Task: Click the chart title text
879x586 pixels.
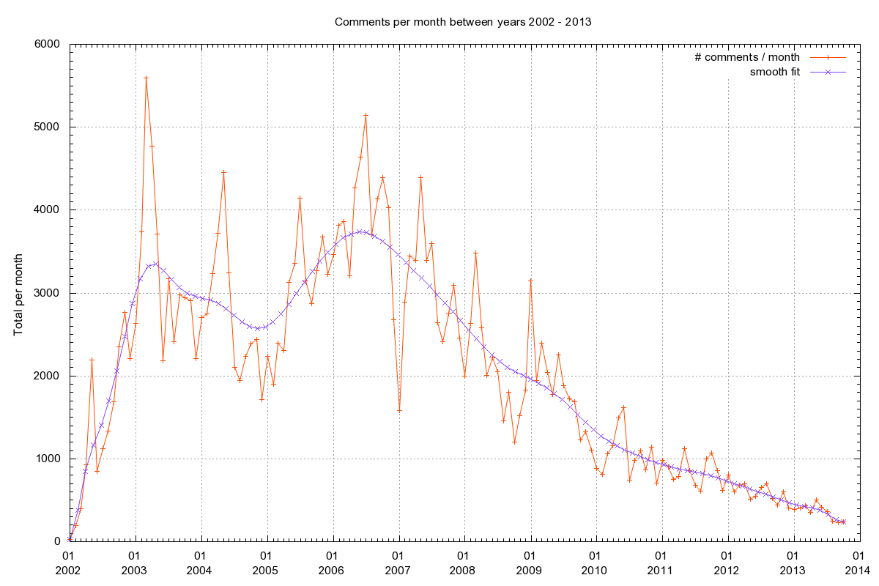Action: (x=462, y=21)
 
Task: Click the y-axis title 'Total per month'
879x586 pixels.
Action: (x=18, y=293)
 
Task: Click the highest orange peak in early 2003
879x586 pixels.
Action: (x=146, y=78)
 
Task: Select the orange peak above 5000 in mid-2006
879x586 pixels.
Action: (x=366, y=115)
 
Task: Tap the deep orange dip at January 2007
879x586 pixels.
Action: (x=399, y=410)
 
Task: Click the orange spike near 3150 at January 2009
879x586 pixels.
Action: (x=530, y=281)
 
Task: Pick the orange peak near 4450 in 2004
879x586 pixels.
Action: (x=223, y=172)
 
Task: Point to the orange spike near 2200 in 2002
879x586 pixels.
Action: (x=92, y=360)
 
